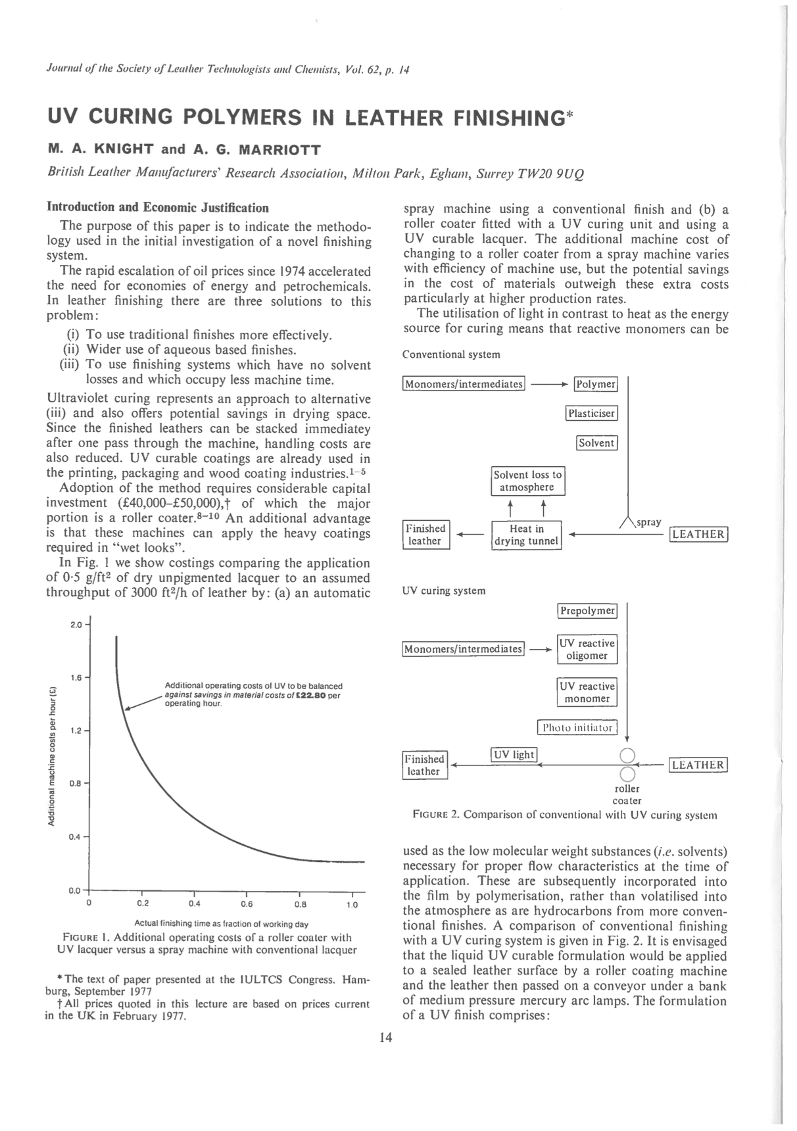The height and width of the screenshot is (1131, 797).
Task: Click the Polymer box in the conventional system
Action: coord(596,384)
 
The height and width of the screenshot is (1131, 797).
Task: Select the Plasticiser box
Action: coord(591,414)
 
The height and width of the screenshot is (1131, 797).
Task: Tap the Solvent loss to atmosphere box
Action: coord(527,481)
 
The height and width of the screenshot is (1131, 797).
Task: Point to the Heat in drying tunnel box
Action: coord(527,535)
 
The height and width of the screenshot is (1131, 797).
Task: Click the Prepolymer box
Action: coord(587,611)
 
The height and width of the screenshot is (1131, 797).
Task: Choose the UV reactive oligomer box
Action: coord(587,649)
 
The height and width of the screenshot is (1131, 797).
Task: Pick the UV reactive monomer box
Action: coord(587,692)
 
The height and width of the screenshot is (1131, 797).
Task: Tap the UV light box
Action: coord(514,754)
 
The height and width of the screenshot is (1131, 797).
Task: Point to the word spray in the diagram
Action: coord(648,522)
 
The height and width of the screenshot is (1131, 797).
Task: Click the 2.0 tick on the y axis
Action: coord(76,624)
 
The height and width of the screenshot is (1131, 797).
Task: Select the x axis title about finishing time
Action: coord(221,924)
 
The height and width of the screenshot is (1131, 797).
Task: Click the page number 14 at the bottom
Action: coord(385,1038)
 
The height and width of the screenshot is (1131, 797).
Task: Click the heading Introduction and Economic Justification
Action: coord(158,208)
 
